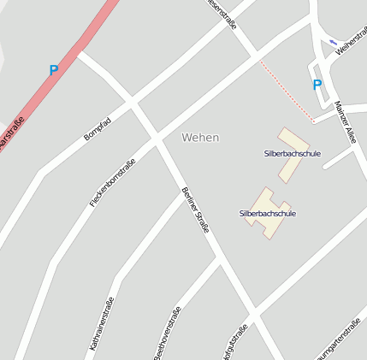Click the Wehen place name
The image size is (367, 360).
(x=200, y=137)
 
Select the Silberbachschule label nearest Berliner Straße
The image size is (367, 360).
(x=267, y=213)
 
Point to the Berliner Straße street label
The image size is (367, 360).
(x=195, y=210)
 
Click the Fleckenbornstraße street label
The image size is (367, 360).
(x=112, y=184)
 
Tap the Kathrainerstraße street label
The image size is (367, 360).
(x=101, y=325)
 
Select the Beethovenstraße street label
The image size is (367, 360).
(x=168, y=333)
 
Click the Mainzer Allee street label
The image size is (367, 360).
(x=346, y=121)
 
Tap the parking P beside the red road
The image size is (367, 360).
(x=54, y=71)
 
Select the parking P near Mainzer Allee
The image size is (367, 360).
(x=317, y=85)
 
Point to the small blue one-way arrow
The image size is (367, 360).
(x=333, y=41)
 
